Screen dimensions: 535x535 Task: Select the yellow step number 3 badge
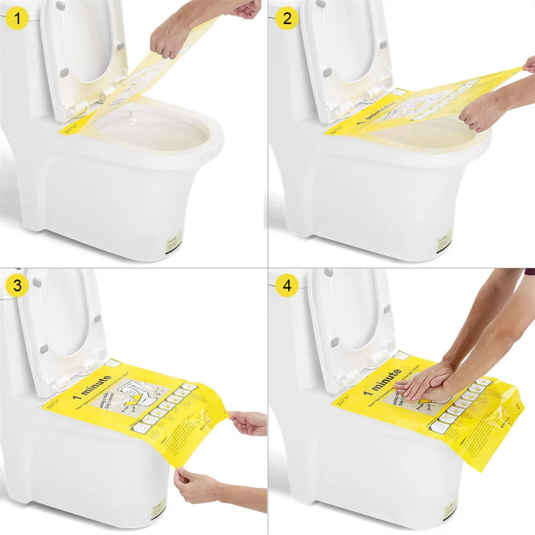tap(18, 285)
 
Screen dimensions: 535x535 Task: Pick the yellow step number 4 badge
tap(287, 285)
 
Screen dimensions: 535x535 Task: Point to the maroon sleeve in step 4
tap(529, 272)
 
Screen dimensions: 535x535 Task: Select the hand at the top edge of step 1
tap(246, 9)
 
